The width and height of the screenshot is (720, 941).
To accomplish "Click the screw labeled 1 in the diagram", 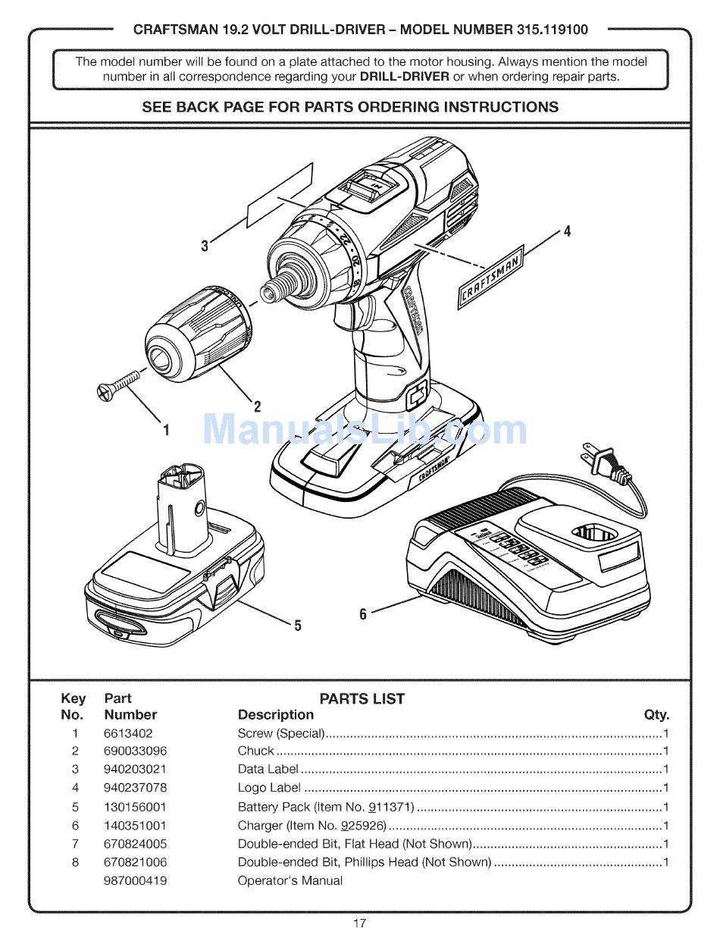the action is coord(117,384).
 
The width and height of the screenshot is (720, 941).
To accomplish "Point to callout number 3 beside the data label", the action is coord(205,246).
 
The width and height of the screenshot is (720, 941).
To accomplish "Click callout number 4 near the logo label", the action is coord(567,231).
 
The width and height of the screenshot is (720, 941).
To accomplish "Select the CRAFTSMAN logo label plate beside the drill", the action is coord(490,278).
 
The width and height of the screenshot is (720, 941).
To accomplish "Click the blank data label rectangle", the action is coord(280,196).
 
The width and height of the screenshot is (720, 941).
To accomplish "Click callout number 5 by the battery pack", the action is coord(298,626).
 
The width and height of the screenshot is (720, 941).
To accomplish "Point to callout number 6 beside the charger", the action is coord(362,613).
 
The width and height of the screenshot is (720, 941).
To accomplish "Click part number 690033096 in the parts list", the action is coord(135,751).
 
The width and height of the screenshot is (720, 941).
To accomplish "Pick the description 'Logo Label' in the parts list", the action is coord(269,787).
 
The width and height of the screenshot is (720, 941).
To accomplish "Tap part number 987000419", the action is coord(135,880).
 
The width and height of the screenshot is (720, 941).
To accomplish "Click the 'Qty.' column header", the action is coord(656,715).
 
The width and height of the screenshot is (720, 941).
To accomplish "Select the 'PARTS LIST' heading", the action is coord(362,698).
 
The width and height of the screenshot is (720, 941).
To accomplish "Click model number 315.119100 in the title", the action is coord(552,30).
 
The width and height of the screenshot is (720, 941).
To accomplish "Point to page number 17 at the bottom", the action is coord(359,924).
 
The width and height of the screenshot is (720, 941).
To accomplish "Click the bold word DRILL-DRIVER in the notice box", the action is coord(404,77).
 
